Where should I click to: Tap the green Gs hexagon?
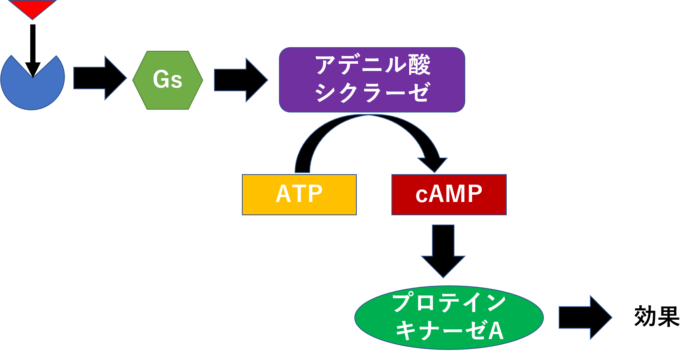[168, 80]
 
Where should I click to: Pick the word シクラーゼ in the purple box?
[372, 93]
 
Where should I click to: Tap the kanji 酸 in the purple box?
[419, 65]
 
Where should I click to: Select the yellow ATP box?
[299, 195]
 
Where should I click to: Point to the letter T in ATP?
[299, 194]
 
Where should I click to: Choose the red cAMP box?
[449, 195]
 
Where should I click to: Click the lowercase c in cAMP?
[421, 196]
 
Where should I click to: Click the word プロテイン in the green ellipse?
[449, 303]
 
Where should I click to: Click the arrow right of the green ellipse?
[585, 318]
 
